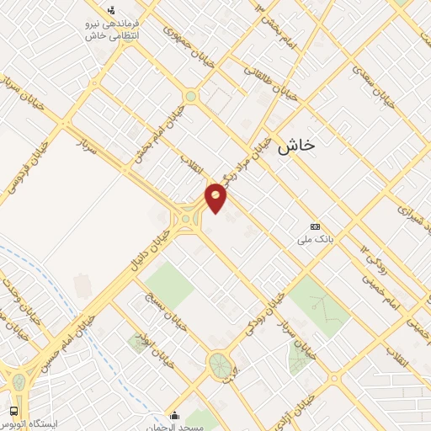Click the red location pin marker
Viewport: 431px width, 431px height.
(216, 197)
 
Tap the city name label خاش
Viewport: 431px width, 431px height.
(295, 144)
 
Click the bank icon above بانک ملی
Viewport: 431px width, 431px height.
(315, 226)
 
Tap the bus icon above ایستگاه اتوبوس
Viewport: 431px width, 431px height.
(14, 411)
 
